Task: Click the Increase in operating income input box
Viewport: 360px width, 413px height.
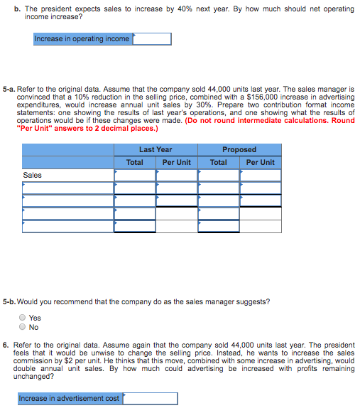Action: [x=151, y=38]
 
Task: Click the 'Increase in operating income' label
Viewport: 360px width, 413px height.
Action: [x=82, y=38]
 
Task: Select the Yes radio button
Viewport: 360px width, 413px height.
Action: [x=23, y=318]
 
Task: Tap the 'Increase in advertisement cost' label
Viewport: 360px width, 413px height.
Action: [x=69, y=398]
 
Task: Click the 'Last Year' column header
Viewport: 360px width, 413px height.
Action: [x=156, y=150]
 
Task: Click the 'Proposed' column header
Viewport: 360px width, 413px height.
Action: [x=239, y=150]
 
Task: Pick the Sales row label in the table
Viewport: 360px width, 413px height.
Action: [x=33, y=175]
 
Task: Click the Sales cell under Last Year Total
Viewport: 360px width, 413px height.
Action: [x=135, y=175]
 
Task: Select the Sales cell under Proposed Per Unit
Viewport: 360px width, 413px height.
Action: [x=261, y=175]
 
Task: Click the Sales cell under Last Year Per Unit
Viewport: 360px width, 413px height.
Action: [x=177, y=175]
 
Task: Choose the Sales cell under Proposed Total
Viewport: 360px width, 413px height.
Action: [x=219, y=175]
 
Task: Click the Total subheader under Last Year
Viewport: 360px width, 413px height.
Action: [x=135, y=162]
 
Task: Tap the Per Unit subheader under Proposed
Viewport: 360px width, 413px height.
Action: [x=261, y=162]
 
